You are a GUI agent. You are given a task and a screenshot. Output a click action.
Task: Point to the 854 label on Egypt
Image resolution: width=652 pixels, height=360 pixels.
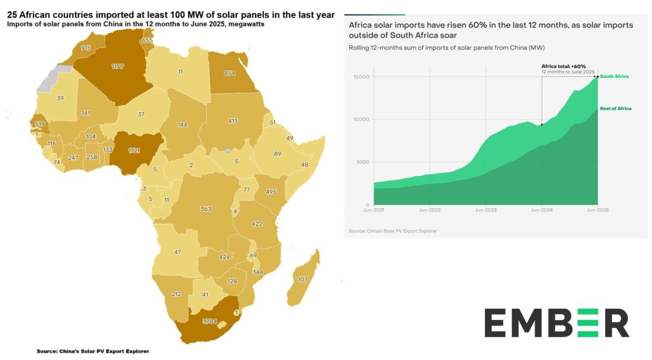[230, 73]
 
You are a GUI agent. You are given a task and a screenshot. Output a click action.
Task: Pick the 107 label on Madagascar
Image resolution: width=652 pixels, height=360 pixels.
[303, 279]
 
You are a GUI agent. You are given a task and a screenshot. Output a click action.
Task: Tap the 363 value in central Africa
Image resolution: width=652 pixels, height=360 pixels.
[206, 209]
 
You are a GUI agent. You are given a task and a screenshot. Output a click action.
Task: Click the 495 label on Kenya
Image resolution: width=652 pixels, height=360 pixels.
[271, 191]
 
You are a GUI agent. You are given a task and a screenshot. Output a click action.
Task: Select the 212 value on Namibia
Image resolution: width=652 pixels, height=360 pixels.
[176, 294]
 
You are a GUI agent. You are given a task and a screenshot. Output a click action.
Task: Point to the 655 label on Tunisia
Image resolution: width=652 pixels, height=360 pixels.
[147, 40]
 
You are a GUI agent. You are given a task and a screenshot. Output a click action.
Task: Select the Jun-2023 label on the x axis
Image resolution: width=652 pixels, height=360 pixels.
[485, 210]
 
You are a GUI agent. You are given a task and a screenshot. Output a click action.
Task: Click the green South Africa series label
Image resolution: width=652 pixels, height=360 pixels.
[614, 76]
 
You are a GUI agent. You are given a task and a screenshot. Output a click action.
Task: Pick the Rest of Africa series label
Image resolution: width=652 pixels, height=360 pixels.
[615, 108]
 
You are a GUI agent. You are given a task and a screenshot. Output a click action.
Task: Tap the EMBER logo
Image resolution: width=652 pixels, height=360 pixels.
[556, 322]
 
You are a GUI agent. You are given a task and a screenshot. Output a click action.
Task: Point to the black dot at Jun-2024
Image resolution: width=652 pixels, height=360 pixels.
[541, 125]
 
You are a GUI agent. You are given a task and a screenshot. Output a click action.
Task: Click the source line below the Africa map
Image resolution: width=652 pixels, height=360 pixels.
[93, 351]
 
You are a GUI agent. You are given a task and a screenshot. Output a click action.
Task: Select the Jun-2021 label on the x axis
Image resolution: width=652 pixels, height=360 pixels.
[373, 210]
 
